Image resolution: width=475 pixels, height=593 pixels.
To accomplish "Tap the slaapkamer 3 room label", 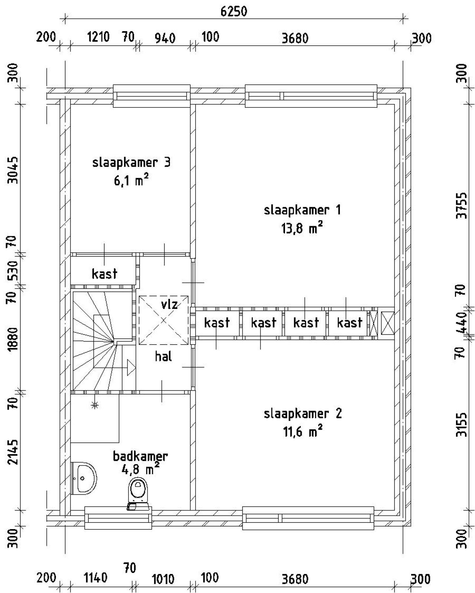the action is pyautogui.click(x=131, y=162).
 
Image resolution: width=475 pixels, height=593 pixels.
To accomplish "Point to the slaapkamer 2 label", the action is pyautogui.click(x=302, y=414).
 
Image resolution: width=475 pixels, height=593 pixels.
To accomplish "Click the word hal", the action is pyautogui.click(x=163, y=356).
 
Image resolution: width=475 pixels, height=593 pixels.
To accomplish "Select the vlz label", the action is pyautogui.click(x=169, y=304).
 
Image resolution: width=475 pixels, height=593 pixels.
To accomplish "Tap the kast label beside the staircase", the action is pyautogui.click(x=104, y=274).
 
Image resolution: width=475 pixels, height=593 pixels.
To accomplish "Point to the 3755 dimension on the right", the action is pyautogui.click(x=462, y=205).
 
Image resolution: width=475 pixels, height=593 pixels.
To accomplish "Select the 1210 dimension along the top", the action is pyautogui.click(x=98, y=37).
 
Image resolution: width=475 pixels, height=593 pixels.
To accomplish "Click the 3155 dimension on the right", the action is pyautogui.click(x=462, y=425).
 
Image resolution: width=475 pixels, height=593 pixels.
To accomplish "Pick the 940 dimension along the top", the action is pyautogui.click(x=165, y=38).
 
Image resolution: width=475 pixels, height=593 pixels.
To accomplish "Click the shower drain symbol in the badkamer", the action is pyautogui.click(x=95, y=405).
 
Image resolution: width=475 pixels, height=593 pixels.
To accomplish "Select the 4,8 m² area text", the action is pyautogui.click(x=140, y=469).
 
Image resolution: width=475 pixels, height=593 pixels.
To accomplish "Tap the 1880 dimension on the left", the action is pyautogui.click(x=13, y=339).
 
